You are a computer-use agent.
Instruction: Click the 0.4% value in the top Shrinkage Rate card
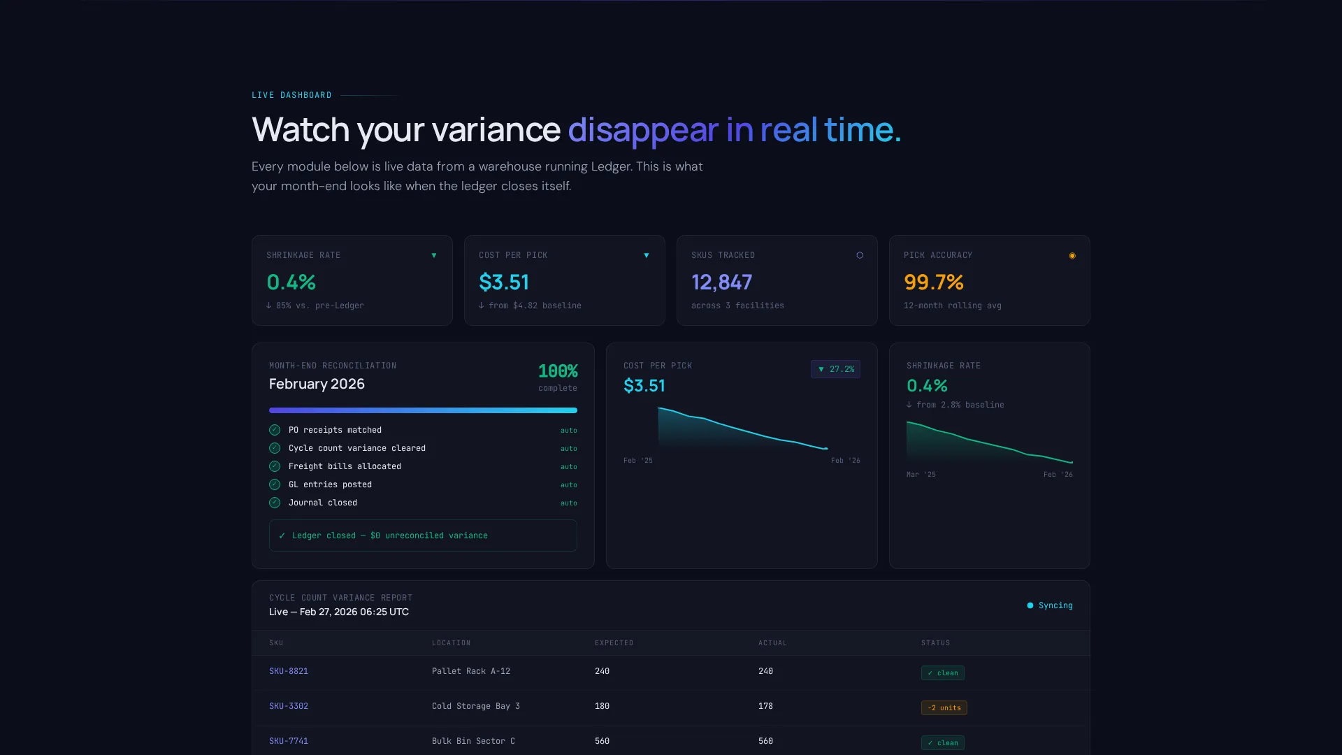point(291,282)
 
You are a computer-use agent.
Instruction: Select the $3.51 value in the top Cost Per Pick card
point(503,282)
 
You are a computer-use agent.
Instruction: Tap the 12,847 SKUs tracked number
point(721,282)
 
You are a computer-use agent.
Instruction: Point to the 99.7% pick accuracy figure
point(934,282)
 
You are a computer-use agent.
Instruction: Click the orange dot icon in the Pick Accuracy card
point(1072,256)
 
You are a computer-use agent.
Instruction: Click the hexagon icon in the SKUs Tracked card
point(860,255)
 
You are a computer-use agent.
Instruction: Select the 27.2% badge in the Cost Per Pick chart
point(835,369)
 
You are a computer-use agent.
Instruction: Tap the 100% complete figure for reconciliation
point(558,371)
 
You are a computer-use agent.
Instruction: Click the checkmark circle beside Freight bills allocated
point(275,466)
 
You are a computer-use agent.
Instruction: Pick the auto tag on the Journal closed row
point(569,503)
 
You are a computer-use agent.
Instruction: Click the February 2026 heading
point(317,384)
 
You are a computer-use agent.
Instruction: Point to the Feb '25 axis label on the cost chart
point(638,461)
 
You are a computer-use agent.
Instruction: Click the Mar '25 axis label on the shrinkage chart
point(921,475)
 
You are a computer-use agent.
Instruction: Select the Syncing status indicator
point(1050,605)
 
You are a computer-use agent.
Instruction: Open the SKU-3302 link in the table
point(289,706)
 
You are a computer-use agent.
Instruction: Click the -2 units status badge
point(944,707)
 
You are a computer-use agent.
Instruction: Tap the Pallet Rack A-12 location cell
point(471,671)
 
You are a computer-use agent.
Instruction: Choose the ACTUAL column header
point(773,643)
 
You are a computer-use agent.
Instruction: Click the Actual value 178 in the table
point(765,706)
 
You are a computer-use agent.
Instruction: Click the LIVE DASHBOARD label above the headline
point(291,95)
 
